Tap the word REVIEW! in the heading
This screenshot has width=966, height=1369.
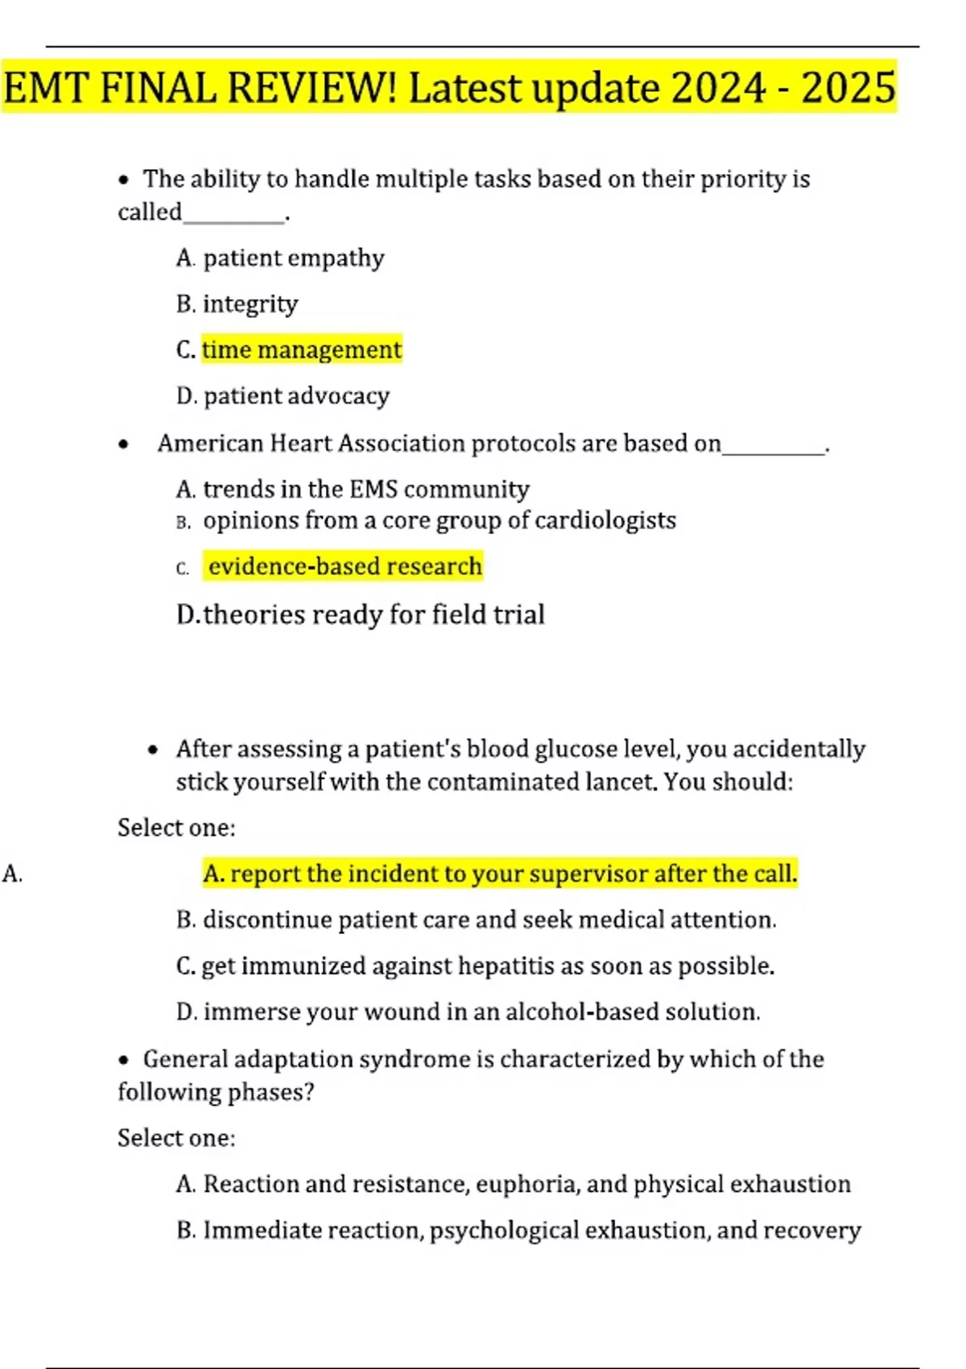pos(312,88)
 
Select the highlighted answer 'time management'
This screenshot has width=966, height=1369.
pos(301,349)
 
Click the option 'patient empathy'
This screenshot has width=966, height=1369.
pos(293,258)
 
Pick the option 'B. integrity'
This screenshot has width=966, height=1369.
pos(237,304)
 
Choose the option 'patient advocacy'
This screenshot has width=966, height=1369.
pos(296,395)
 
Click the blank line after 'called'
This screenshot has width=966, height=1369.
pos(233,217)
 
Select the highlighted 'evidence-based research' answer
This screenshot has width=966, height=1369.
pos(345,566)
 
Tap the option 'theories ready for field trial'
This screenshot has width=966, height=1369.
pos(374,614)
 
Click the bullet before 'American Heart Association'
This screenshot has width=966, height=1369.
pos(123,444)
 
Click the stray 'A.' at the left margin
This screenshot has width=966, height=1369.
pos(12,874)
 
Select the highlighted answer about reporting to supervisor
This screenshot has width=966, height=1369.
pos(500,874)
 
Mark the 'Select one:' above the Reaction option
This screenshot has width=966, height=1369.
pos(176,1138)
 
